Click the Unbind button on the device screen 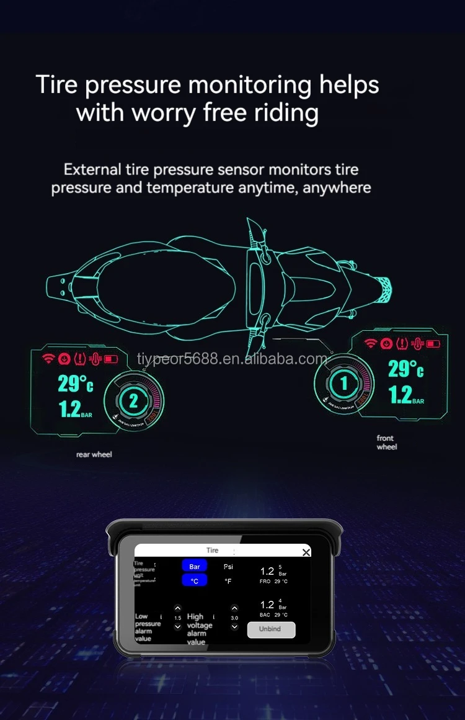tap(271, 629)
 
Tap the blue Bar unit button tap(195, 567)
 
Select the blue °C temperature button tap(195, 581)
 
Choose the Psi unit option tap(228, 567)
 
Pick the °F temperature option tap(228, 581)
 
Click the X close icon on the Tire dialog tap(306, 552)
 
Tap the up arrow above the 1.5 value tap(178, 609)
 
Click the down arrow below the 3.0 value tap(234, 627)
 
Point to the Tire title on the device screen tap(212, 550)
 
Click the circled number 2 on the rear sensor tap(133, 400)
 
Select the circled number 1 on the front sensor tap(343, 384)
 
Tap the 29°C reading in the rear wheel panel tap(75, 384)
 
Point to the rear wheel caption tap(94, 454)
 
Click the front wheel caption tap(386, 443)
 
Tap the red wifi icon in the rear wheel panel tap(48, 358)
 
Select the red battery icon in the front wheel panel tap(433, 343)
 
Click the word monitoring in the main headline tap(246, 84)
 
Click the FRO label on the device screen tap(265, 582)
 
